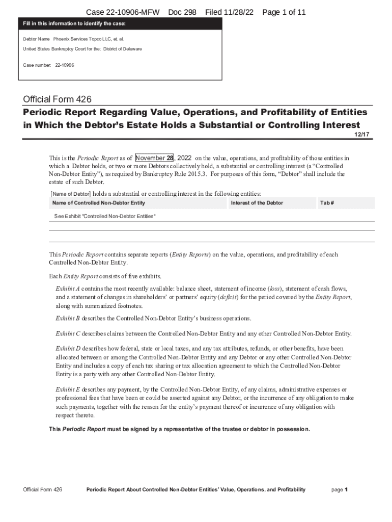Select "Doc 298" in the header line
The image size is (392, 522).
[x=182, y=12]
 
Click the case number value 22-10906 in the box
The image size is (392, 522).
[x=64, y=65]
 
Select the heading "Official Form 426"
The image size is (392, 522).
[x=58, y=99]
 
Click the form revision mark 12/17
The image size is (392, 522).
[x=365, y=134]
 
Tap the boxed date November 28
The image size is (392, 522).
[x=155, y=158]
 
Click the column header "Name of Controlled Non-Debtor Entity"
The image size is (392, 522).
[x=98, y=203]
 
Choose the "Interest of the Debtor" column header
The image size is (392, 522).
[x=257, y=203]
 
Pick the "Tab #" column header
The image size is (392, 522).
[x=327, y=203]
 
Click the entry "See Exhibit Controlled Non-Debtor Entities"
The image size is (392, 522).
[x=105, y=217]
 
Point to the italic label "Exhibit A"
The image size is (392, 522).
[x=68, y=289]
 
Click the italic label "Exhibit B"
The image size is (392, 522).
[x=68, y=319]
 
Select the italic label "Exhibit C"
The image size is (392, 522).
[x=68, y=334]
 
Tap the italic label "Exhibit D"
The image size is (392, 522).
[x=68, y=349]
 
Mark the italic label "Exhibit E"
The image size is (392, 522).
[x=68, y=389]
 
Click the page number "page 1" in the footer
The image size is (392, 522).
[x=339, y=490]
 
